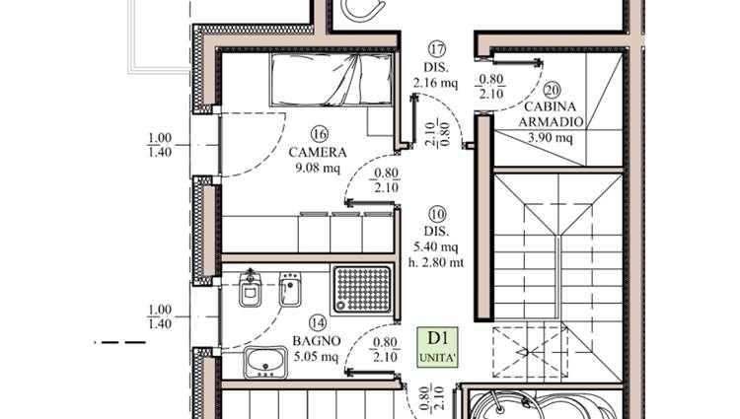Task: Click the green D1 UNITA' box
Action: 437,347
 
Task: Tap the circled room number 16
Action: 320,134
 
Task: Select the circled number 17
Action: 437,48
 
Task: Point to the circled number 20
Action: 552,90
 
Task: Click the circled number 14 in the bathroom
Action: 318,322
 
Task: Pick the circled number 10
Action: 437,215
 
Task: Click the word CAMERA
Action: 318,152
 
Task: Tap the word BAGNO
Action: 316,341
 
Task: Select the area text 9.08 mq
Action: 318,168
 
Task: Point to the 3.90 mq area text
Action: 551,138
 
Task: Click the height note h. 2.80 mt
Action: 436,262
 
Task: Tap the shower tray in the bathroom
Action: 362,290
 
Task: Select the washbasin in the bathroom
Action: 265,363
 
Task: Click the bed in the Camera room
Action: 331,79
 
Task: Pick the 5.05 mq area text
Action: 316,356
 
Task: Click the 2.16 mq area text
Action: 435,83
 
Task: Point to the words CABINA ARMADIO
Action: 551,114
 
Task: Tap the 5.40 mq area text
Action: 435,246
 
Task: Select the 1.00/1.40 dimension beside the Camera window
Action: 160,145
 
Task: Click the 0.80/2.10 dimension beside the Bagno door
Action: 386,349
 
